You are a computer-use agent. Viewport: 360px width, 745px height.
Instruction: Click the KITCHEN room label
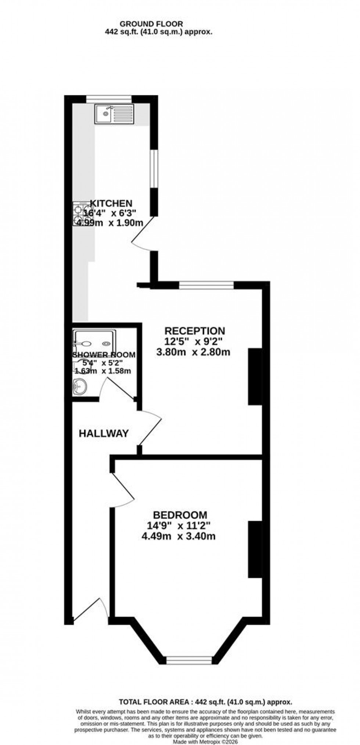pyautogui.click(x=111, y=203)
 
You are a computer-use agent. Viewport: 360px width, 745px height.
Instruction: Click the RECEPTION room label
pyautogui.click(x=194, y=331)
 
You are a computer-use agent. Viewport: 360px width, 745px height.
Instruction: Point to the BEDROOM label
pyautogui.click(x=180, y=515)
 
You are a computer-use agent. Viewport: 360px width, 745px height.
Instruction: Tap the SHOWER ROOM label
pyautogui.click(x=104, y=355)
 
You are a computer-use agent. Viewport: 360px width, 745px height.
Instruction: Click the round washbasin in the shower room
pyautogui.click(x=79, y=387)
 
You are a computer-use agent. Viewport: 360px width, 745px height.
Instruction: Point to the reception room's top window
pyautogui.click(x=206, y=285)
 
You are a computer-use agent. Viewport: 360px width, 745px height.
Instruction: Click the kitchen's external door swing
pyautogui.click(x=141, y=241)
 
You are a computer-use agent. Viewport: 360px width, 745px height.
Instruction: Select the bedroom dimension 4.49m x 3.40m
pyautogui.click(x=179, y=536)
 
